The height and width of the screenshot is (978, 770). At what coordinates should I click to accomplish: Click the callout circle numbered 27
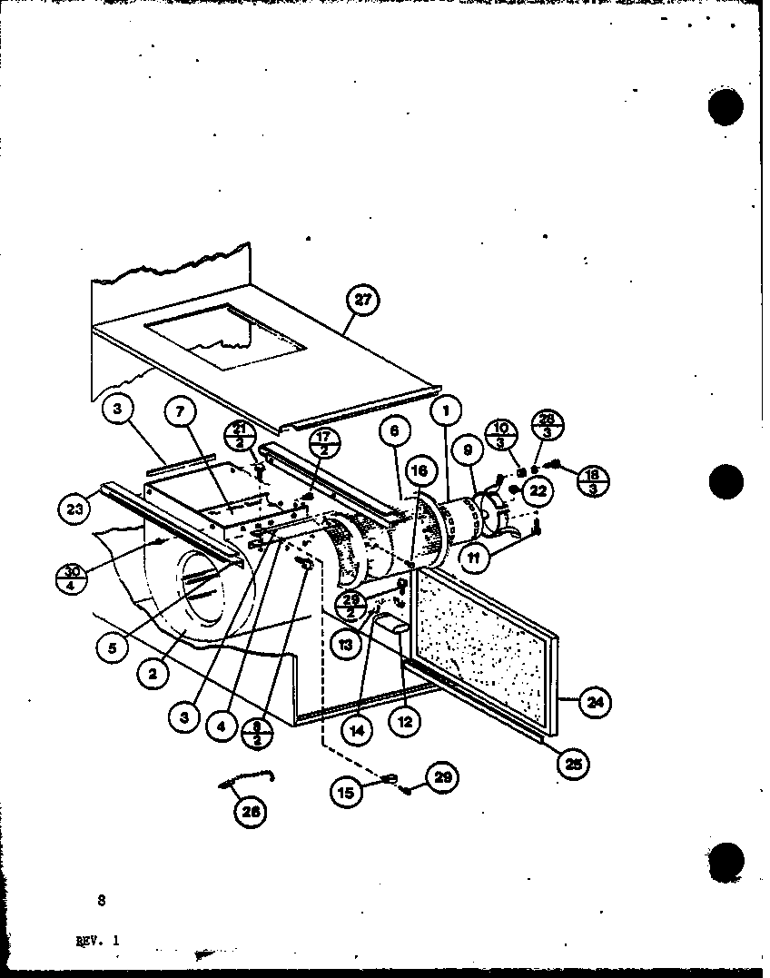(362, 301)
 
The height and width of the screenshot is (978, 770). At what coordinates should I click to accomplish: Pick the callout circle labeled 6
(394, 431)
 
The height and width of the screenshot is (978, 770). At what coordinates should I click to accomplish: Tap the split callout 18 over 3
(592, 480)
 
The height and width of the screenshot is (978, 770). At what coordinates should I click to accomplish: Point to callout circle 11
(473, 558)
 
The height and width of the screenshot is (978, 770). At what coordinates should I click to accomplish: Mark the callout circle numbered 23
(76, 509)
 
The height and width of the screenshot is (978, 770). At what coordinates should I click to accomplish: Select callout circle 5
(112, 648)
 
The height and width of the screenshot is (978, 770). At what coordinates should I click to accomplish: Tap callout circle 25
(573, 763)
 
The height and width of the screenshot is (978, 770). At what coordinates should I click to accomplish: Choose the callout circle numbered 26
(251, 813)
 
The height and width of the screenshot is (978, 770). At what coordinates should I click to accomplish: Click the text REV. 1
(97, 941)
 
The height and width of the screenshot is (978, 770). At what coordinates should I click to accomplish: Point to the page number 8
(101, 901)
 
